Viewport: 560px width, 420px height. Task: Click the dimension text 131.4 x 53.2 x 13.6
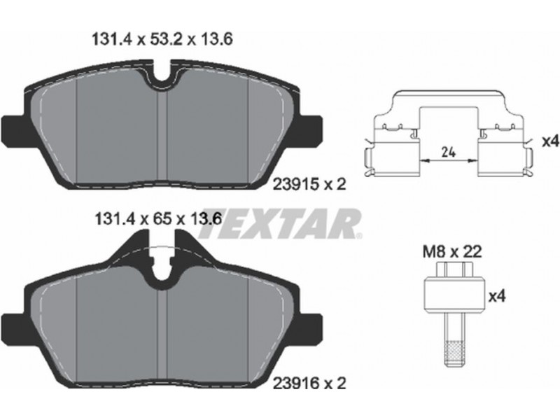click(162, 39)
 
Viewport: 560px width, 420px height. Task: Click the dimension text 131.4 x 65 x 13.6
click(158, 218)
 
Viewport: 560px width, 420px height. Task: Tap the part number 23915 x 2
click(309, 184)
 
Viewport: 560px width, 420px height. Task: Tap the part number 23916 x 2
click(309, 384)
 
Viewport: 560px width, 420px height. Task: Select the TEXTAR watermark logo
click(279, 224)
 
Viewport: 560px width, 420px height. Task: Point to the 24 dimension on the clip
click(449, 153)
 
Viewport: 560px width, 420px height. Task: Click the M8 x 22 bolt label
click(452, 252)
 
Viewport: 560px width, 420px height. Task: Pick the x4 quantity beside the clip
click(550, 142)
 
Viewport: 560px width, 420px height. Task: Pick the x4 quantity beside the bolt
click(497, 296)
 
